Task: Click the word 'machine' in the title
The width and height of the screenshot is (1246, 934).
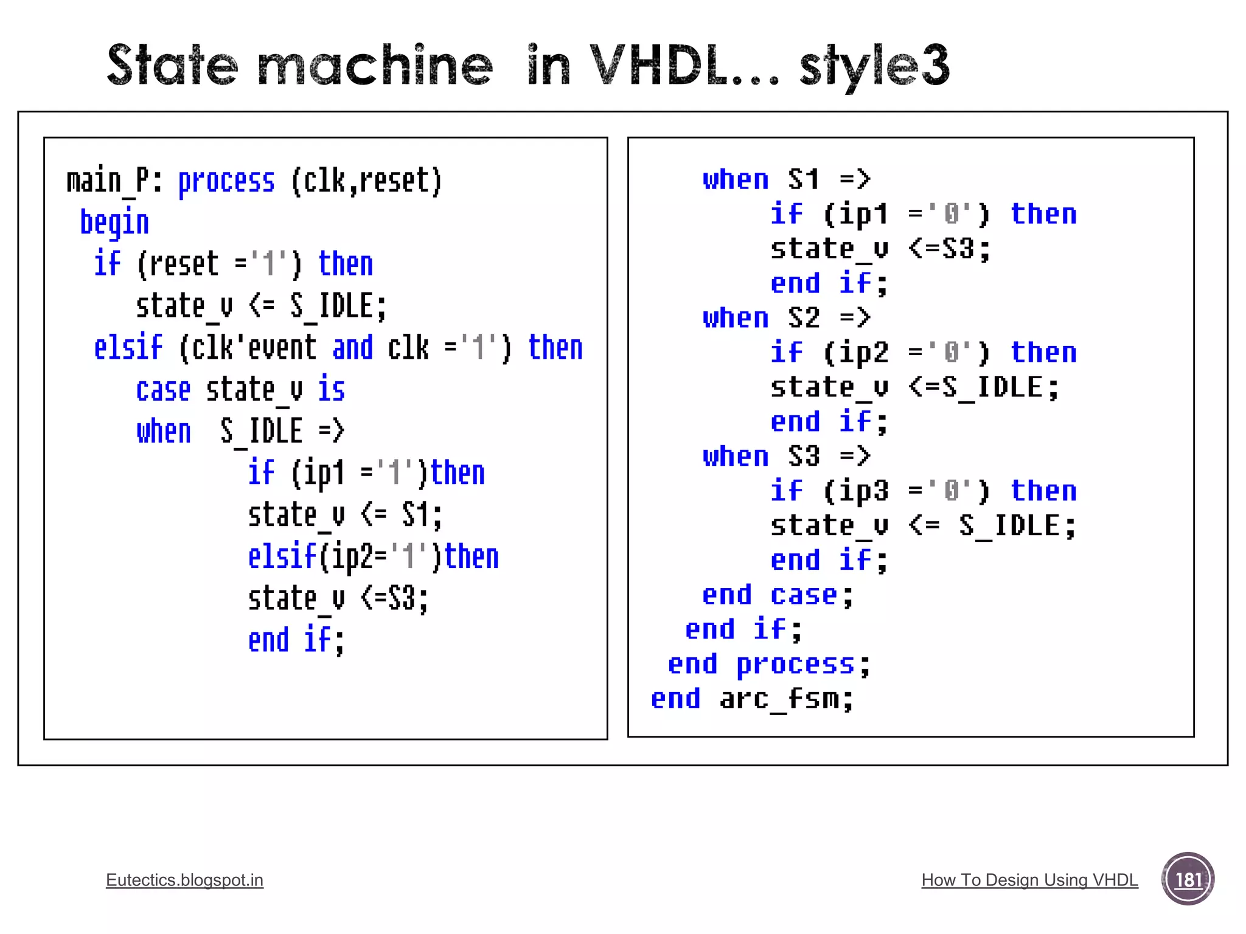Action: tap(374, 66)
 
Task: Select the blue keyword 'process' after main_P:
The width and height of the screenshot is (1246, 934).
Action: tap(226, 181)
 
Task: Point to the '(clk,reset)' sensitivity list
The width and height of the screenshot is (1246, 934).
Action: tap(366, 181)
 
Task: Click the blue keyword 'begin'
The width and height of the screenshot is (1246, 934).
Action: tap(114, 223)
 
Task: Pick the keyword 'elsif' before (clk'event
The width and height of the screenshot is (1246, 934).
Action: tap(128, 348)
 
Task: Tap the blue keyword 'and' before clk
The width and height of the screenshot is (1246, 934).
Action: tap(352, 348)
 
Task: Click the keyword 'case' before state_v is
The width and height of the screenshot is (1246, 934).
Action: tap(163, 390)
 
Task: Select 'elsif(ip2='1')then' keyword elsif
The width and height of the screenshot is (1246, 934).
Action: tap(282, 557)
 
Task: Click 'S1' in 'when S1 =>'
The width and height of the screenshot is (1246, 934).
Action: tap(803, 180)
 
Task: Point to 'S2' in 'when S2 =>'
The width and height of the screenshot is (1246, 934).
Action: tap(803, 318)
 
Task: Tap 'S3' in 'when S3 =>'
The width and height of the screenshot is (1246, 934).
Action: tap(803, 457)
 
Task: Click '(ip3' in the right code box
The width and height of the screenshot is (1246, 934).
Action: tap(855, 491)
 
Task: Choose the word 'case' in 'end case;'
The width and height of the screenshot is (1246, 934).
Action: tap(803, 595)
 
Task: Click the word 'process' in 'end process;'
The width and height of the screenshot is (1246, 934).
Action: tap(795, 665)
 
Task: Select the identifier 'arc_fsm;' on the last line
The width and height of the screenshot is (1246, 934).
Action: tap(787, 699)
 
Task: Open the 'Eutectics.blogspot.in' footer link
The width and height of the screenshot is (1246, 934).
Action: tap(184, 880)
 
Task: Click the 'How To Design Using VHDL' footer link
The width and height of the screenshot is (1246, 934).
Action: tap(1029, 880)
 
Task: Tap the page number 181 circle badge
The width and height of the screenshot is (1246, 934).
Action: tap(1188, 879)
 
